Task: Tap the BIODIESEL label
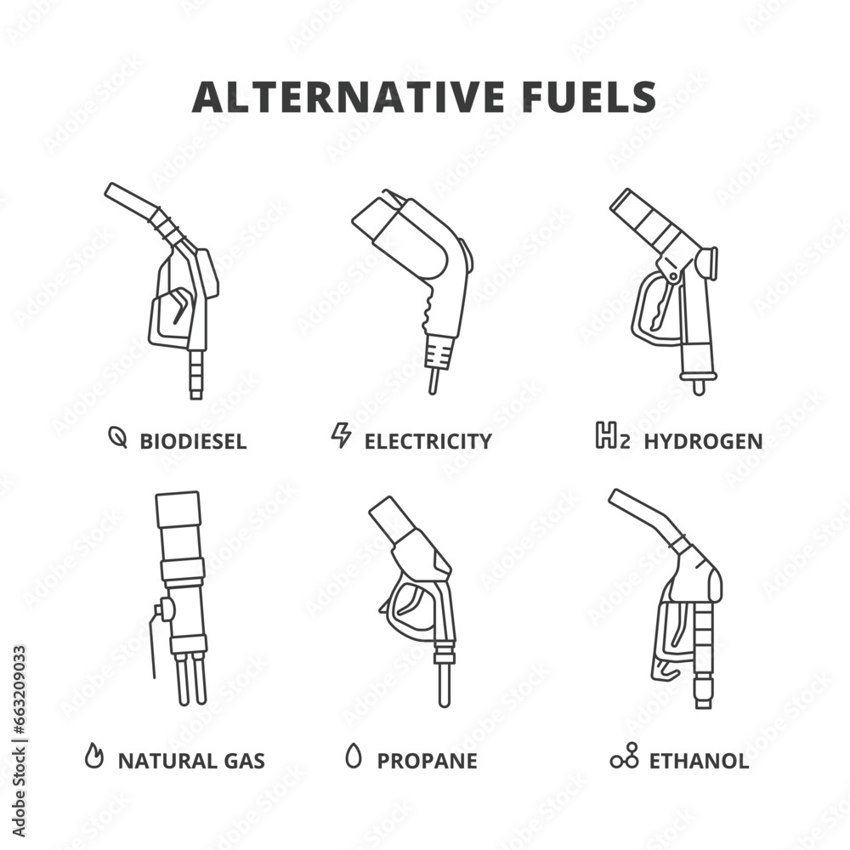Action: click(x=193, y=441)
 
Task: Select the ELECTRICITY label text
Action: click(x=428, y=441)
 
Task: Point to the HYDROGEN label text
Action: click(x=703, y=441)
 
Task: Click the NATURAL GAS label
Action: click(x=191, y=760)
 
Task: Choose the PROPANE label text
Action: click(x=427, y=760)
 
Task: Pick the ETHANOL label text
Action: click(x=699, y=760)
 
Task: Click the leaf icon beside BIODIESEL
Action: click(x=118, y=439)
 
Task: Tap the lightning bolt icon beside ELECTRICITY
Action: click(x=341, y=436)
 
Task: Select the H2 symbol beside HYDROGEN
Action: click(x=612, y=438)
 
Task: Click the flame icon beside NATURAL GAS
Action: click(x=94, y=756)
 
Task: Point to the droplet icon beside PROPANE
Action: click(x=353, y=755)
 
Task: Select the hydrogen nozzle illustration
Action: click(x=667, y=280)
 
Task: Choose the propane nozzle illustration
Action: click(x=421, y=586)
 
